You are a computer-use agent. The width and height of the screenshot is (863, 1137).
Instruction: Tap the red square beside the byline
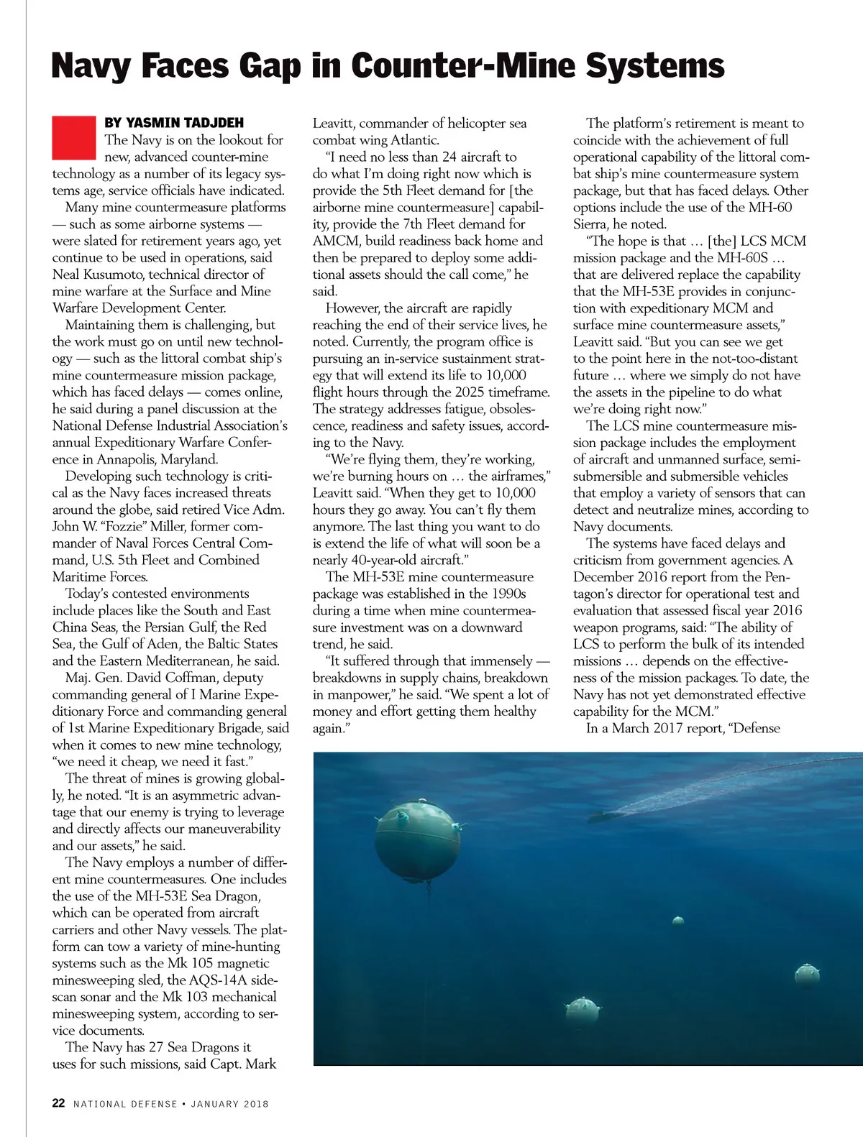[74, 137]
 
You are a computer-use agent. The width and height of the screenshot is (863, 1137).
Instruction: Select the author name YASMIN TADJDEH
[174, 123]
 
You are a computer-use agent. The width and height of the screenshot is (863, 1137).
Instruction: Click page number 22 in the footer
[59, 1103]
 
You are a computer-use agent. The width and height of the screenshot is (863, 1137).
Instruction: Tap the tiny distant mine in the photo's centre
[677, 921]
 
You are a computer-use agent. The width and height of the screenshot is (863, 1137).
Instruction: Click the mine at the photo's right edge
[807, 975]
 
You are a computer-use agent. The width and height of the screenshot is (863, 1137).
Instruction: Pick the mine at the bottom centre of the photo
[582, 1010]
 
